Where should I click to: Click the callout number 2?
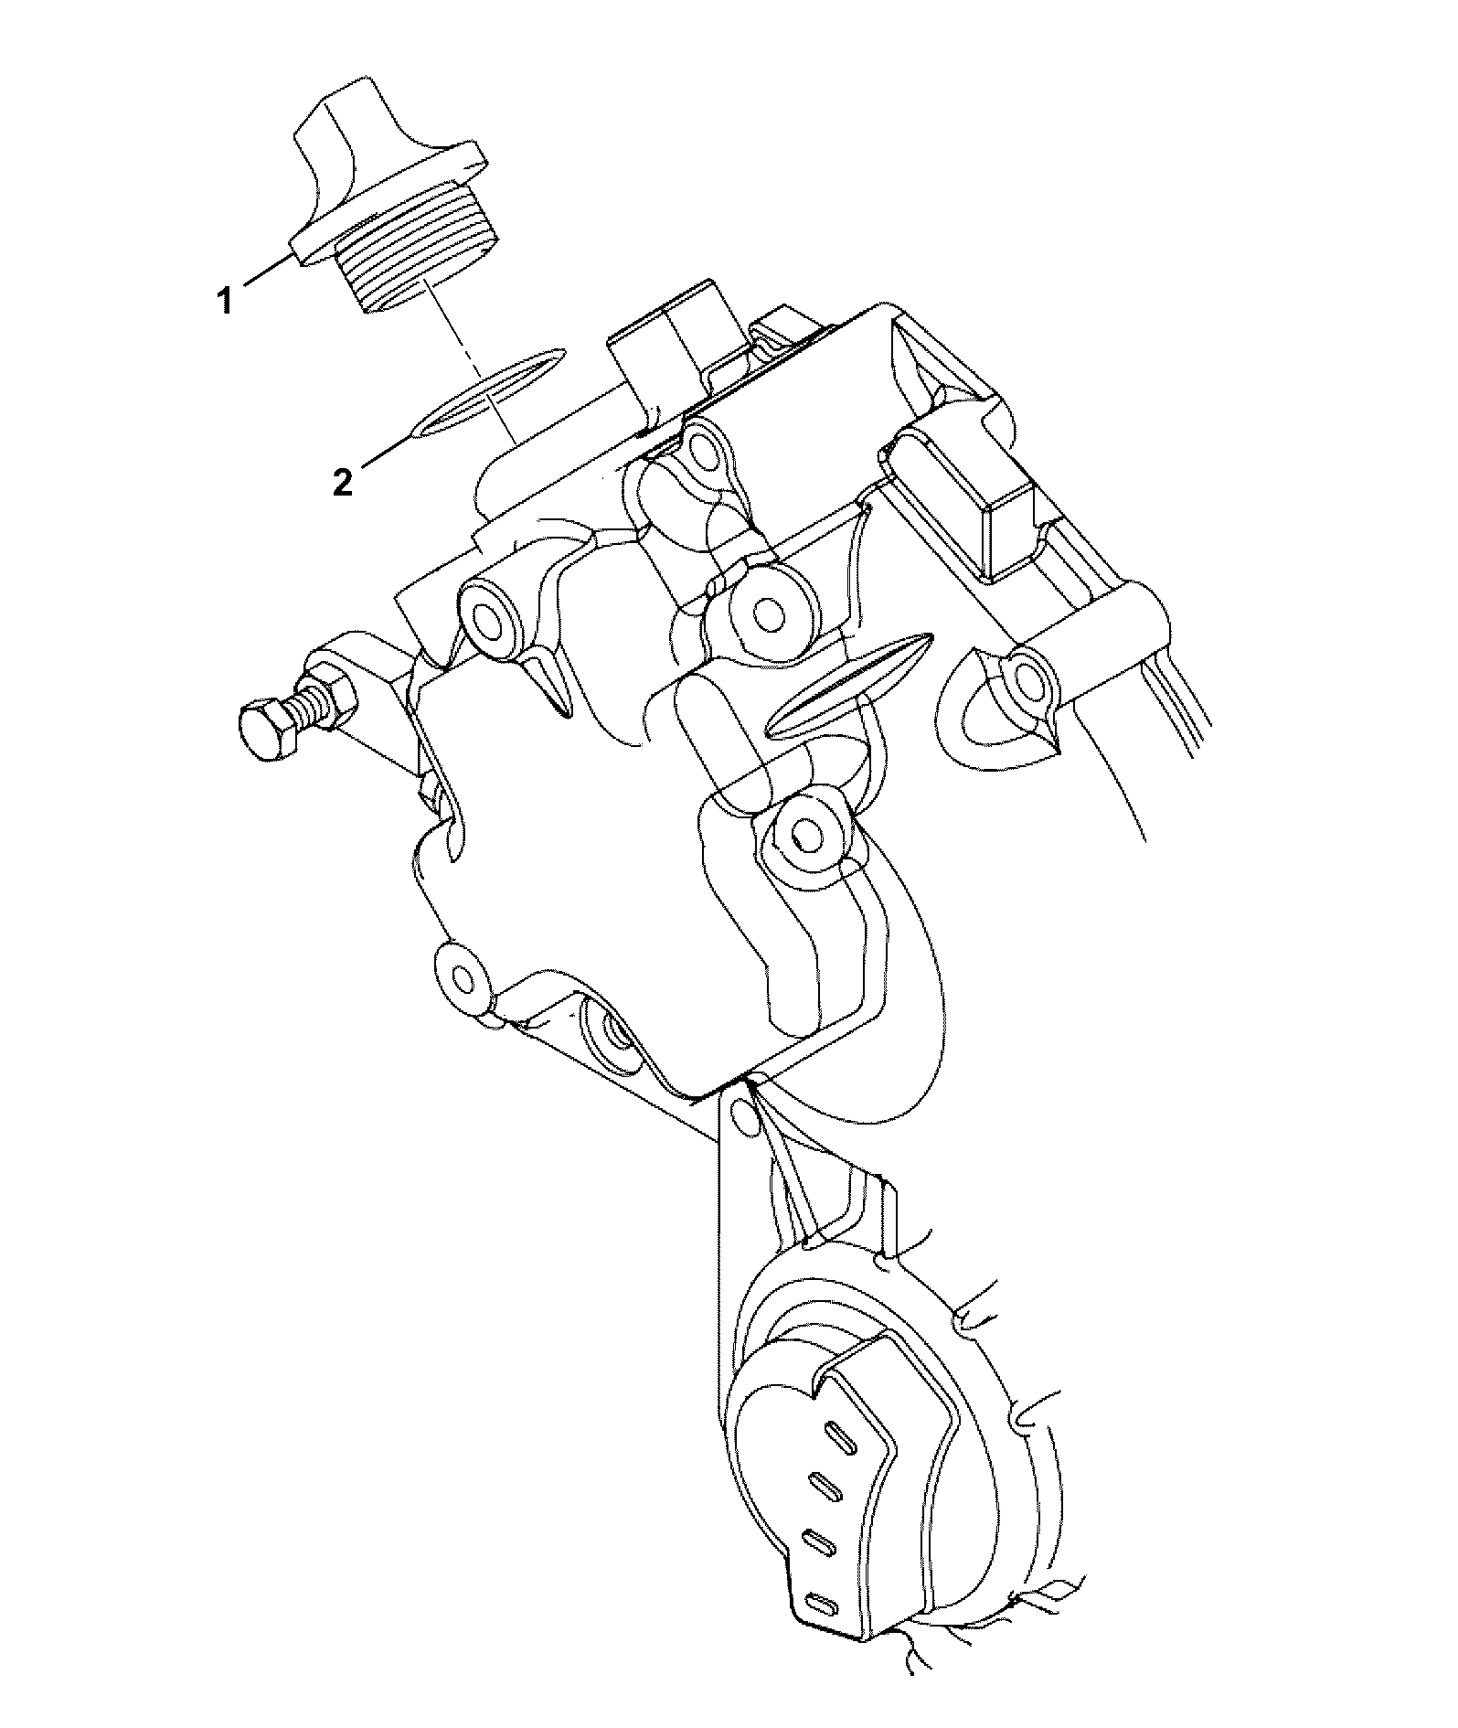pyautogui.click(x=342, y=482)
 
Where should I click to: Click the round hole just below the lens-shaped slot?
pyautogui.click(x=805, y=831)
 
